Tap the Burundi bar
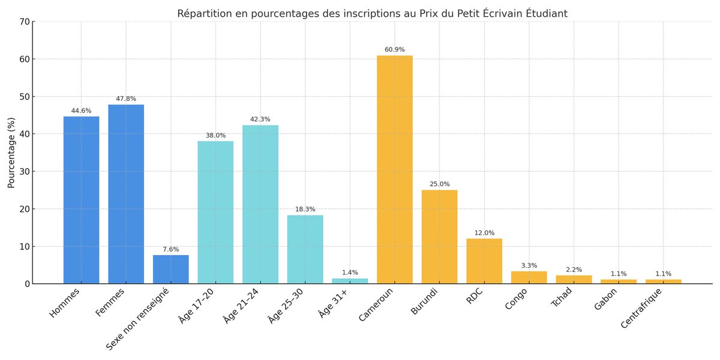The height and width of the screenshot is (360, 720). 439,236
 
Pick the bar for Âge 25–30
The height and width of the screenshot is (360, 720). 305,249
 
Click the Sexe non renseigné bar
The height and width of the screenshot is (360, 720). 171,269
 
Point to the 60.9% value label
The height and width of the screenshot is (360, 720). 395,50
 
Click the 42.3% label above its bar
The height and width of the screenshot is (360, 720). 260,119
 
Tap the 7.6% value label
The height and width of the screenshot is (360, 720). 171,250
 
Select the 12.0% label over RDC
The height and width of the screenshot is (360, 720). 484,233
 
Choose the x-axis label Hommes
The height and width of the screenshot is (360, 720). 65,302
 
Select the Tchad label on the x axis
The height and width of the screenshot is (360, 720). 562,298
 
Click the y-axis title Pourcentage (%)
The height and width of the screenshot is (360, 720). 11,152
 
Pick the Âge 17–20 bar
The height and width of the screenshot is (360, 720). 215,212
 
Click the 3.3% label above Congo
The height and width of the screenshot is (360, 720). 529,266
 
